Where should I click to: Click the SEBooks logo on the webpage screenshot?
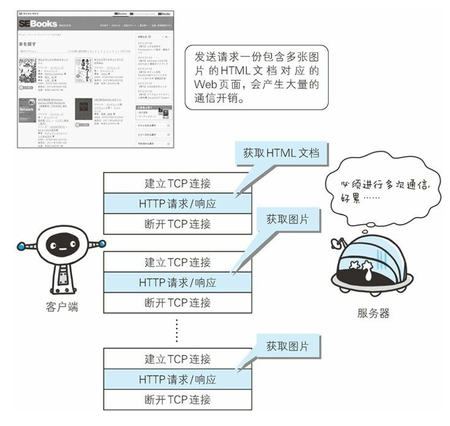point(38,24)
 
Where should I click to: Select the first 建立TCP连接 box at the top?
point(177,184)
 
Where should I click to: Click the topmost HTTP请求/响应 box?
point(177,203)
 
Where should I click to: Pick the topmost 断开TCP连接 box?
point(177,223)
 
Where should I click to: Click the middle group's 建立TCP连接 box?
point(177,262)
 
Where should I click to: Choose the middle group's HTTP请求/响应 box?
point(177,282)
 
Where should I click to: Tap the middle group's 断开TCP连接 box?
point(177,302)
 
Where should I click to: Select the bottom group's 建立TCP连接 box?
point(177,359)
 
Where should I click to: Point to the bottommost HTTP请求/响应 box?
point(177,379)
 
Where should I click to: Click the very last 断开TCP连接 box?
point(177,399)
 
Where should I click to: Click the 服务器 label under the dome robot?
point(373,313)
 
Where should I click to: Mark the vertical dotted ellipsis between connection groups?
point(177,330)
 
